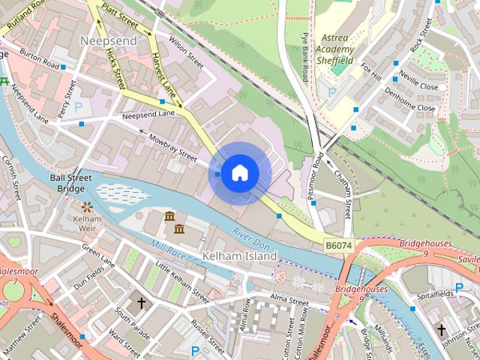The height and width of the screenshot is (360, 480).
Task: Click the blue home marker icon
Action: click(x=239, y=173)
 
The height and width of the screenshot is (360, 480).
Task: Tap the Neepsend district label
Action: click(x=108, y=40)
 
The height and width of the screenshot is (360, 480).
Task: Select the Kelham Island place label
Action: click(x=239, y=256)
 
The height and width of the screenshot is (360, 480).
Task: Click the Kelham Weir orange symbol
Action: click(x=88, y=205)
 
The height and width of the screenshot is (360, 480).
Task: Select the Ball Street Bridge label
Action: click(x=71, y=184)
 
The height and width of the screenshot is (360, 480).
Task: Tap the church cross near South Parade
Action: click(x=141, y=304)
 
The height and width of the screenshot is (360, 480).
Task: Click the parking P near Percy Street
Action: click(x=78, y=107)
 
